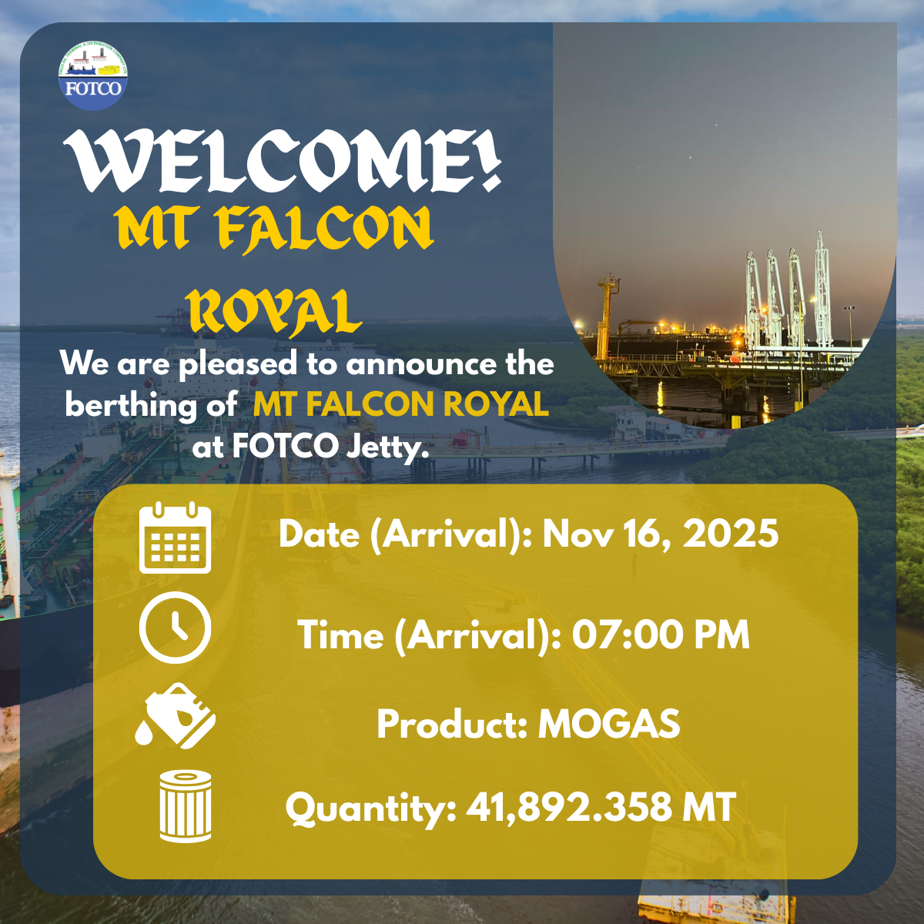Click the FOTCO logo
(x=93, y=75)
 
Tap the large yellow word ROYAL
(x=274, y=311)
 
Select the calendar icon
(x=175, y=537)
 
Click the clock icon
(x=175, y=628)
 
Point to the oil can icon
(x=176, y=715)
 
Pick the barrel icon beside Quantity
(x=186, y=806)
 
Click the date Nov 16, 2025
(x=660, y=534)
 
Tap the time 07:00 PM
(x=661, y=634)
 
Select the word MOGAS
(x=609, y=724)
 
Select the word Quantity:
(x=370, y=809)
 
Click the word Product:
(x=452, y=724)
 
